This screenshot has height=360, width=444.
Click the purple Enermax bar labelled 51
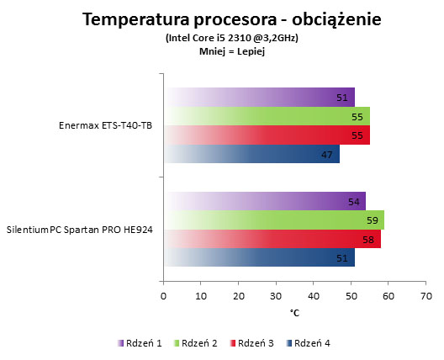pos(259,98)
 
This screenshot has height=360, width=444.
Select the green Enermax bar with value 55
pos(267,116)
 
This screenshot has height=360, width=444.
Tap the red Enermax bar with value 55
pos(267,135)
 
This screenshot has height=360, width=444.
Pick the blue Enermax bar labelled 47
pos(251,154)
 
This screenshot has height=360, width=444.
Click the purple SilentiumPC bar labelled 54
pos(265,201)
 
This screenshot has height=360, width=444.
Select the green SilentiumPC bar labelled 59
pos(274,220)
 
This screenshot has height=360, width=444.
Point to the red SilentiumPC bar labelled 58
pos(272,239)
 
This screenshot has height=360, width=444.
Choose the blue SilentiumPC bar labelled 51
pos(259,257)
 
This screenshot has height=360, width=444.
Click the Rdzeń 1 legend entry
pos(140,343)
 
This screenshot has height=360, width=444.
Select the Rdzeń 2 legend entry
pos(195,343)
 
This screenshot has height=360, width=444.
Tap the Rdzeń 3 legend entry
pos(251,343)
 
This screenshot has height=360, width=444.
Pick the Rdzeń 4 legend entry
pos(308,343)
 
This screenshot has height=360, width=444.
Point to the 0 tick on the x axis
pos(163,296)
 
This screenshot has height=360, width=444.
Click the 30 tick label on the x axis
pos(276,296)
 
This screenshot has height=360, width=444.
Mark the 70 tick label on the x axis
pos(426,296)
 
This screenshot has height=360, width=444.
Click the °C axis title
pos(294,313)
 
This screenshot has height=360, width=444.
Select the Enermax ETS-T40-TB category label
pos(105,125)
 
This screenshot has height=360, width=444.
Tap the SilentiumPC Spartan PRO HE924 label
pos(80,230)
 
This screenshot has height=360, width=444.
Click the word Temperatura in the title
pos(136,20)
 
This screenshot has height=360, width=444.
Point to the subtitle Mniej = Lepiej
pos(232,52)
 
